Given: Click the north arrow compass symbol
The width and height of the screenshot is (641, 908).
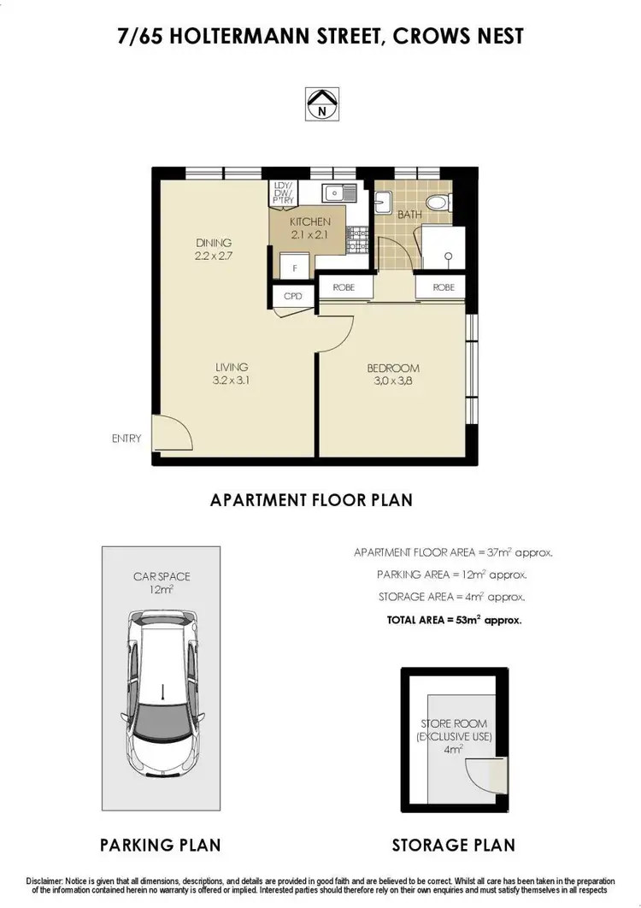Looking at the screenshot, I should (320, 103).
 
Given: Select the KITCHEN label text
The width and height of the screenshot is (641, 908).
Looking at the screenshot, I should (309, 227).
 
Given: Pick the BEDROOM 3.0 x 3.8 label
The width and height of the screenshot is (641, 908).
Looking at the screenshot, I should (393, 374).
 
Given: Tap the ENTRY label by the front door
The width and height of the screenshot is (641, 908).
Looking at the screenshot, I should (126, 439).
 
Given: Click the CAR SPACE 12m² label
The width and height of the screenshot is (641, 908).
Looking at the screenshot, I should (162, 583).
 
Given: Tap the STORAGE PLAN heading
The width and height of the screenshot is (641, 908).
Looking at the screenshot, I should (453, 845).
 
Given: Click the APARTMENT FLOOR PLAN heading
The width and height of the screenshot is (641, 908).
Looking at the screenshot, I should (311, 500).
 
